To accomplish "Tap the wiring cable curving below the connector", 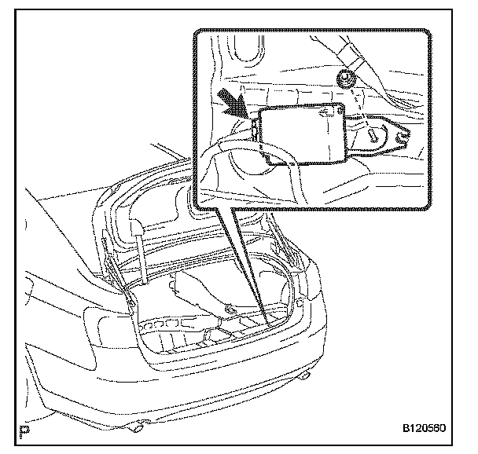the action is tap(236, 153).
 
